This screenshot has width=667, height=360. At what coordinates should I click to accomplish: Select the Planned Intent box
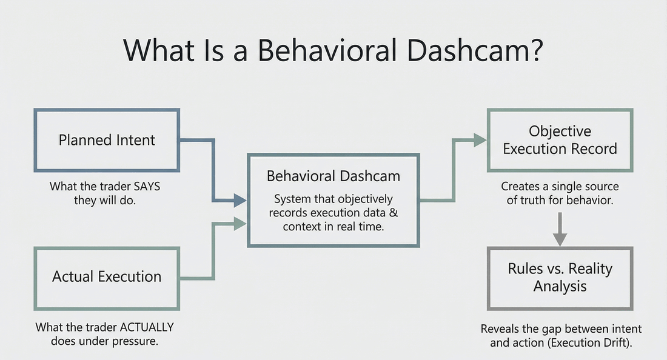point(107,140)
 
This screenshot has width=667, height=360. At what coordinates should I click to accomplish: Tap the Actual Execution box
point(107,276)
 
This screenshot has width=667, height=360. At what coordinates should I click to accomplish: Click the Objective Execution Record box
point(560,140)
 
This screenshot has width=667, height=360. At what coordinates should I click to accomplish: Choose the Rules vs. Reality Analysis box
point(560,277)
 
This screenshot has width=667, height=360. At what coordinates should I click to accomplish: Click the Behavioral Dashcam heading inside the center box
point(333,176)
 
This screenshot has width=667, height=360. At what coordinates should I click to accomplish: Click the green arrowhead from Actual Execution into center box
point(240,224)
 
